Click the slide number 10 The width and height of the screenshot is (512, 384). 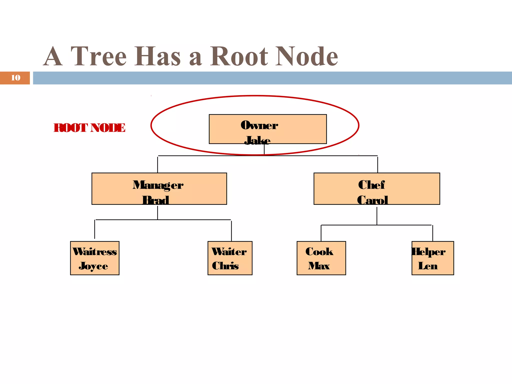pos(15,78)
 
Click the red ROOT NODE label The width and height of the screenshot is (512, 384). pos(89,128)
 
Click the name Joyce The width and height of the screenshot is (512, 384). pos(93,266)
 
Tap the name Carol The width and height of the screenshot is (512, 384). pos(372,200)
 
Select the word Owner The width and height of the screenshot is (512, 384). pos(259,125)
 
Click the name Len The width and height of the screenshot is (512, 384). pos(428,266)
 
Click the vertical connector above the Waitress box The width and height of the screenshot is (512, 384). pos(94,229)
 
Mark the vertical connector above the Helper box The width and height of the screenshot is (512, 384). pos(432,233)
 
